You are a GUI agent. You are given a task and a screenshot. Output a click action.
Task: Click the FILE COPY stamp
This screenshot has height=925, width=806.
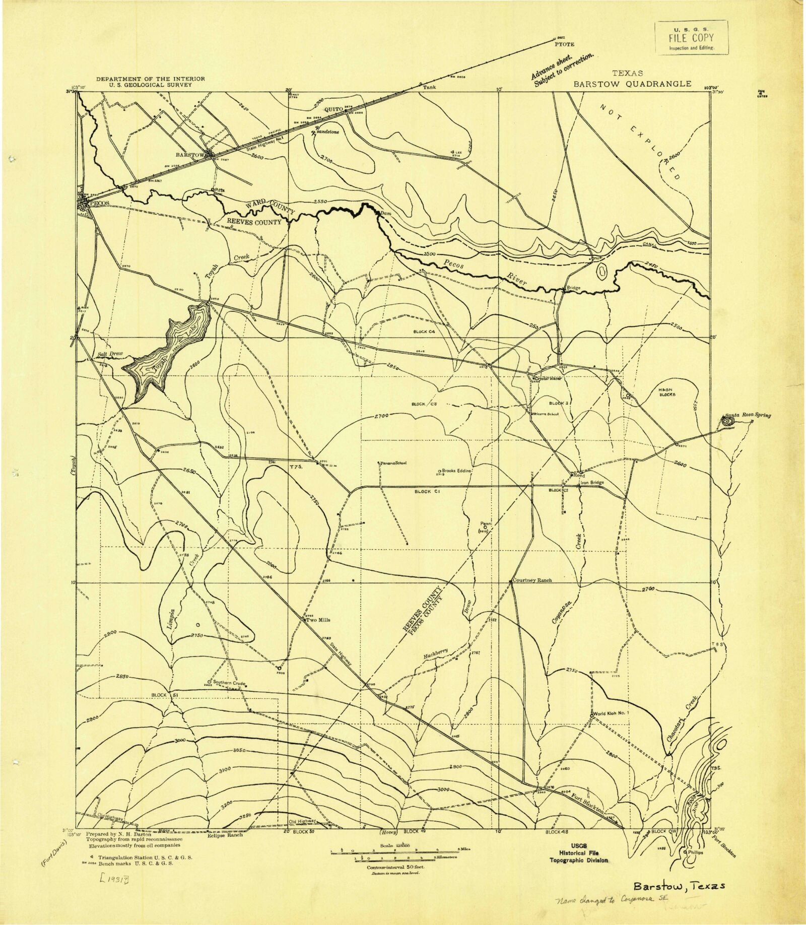[691, 37]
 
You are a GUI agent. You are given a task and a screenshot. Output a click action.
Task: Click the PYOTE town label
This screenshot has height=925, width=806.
[564, 44]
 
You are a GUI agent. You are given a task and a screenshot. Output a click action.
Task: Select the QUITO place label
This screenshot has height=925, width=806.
[333, 109]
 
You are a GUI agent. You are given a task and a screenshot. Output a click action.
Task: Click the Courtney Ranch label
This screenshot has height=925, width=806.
[532, 580]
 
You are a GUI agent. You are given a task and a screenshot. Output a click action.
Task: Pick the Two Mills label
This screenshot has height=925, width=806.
[318, 620]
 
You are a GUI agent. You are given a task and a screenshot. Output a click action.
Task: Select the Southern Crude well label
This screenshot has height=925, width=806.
[229, 683]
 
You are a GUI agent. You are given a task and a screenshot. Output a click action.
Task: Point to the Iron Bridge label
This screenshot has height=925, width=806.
[592, 482]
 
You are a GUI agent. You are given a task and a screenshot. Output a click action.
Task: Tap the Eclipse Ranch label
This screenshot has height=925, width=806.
[225, 834]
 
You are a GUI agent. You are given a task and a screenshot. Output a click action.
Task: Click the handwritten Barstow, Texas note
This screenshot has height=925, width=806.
[679, 886]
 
